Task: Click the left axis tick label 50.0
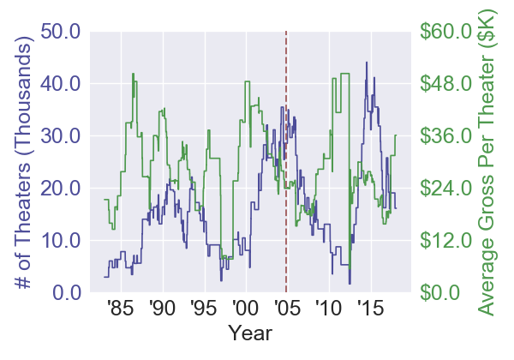point(56,32)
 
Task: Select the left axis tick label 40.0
point(56,84)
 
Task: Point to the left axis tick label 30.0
point(56,136)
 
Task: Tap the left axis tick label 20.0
point(56,189)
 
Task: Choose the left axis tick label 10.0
point(56,241)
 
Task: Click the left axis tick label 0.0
point(62,293)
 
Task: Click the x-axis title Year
point(248,332)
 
